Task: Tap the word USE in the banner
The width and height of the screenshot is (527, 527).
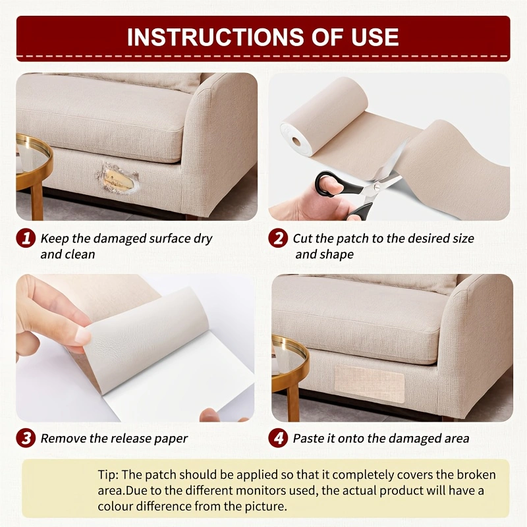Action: coord(375,37)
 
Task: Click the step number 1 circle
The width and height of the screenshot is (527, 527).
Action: coord(26,238)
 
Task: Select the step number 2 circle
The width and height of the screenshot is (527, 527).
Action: coord(278,238)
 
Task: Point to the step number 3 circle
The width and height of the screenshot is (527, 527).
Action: coord(26,438)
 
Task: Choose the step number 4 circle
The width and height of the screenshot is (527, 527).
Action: coord(278,438)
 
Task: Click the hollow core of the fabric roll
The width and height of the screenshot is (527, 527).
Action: coord(296,141)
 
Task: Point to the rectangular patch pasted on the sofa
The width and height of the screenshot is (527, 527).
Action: coord(369,383)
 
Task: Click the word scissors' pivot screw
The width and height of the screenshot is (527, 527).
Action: coord(377,189)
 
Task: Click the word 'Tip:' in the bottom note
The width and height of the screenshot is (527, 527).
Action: coord(108,474)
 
